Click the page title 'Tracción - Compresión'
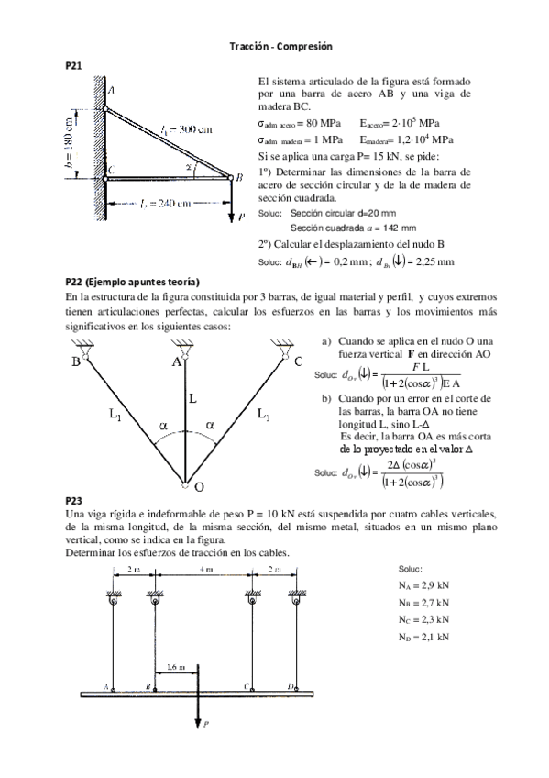280,46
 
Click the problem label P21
74,66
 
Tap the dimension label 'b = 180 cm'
71,139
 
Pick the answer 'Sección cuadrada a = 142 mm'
353,228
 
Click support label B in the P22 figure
75,362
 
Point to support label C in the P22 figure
298,361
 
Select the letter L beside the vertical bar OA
193,399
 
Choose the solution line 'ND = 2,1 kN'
424,636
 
